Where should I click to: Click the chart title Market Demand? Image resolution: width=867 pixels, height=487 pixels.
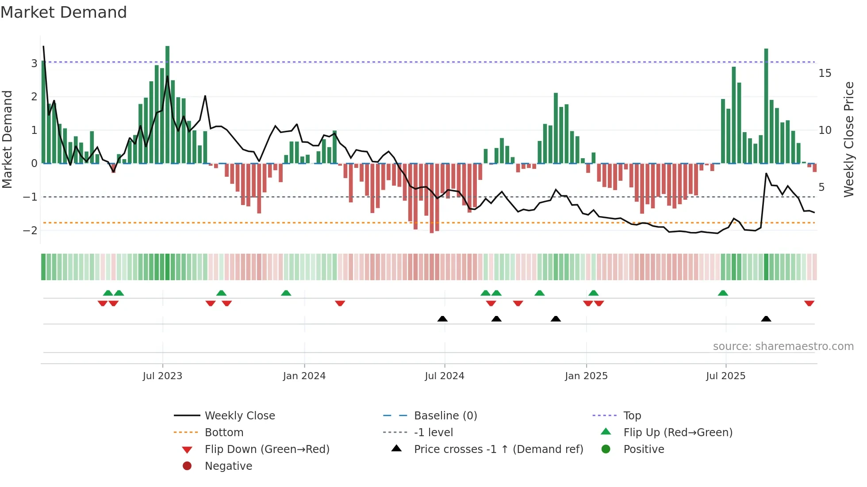tap(64, 12)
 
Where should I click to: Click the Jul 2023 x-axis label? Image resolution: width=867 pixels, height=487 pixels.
tap(162, 376)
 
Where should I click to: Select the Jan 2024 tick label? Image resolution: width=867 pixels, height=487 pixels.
tap(304, 376)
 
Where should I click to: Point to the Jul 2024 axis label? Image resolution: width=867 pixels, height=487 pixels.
tap(445, 376)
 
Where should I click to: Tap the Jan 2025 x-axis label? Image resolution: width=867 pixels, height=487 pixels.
tap(586, 376)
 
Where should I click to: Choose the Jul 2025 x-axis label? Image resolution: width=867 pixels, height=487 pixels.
tap(725, 376)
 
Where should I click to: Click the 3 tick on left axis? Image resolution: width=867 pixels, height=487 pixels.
tap(34, 63)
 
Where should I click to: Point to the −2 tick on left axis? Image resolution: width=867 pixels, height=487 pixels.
tap(31, 230)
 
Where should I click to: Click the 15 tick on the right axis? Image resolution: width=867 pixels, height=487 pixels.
tap(825, 73)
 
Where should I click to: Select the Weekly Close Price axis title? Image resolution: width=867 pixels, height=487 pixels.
tap(848, 139)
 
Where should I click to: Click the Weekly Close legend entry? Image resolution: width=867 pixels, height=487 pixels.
tap(240, 416)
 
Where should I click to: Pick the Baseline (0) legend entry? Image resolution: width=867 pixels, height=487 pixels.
tap(445, 416)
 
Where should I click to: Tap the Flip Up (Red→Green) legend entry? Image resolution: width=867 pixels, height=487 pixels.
tap(678, 433)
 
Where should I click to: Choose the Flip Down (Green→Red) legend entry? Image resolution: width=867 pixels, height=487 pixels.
tap(267, 449)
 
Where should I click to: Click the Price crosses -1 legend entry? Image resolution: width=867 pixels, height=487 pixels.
tap(499, 449)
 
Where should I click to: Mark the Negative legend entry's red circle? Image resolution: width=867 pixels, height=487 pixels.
tap(187, 466)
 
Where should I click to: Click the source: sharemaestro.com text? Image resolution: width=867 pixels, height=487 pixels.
tap(783, 346)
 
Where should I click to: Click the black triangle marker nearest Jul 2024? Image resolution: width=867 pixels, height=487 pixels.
tap(442, 319)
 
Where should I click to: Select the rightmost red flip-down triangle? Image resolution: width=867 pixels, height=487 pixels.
tap(809, 303)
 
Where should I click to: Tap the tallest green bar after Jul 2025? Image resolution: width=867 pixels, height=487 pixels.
tap(766, 106)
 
